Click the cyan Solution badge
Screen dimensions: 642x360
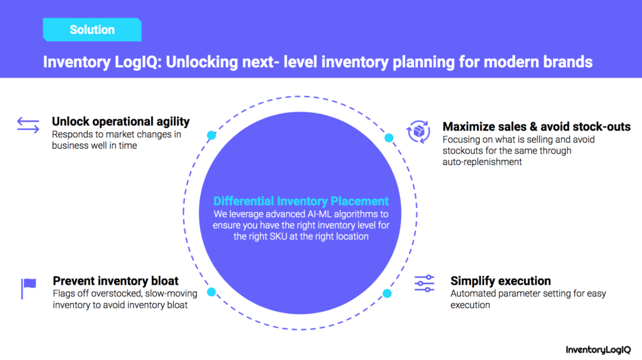pos(92,29)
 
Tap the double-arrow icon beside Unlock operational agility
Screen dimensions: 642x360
pos(28,125)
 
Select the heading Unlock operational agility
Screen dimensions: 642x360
pos(121,122)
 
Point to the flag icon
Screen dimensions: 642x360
pos(28,289)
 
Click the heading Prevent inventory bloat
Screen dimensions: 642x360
pos(115,281)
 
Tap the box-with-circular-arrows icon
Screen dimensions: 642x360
pos(418,132)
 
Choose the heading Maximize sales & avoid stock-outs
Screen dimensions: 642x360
pos(537,127)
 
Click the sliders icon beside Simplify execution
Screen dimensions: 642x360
pos(424,283)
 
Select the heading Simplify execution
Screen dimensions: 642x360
pos(500,281)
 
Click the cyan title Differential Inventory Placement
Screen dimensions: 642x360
pos(301,201)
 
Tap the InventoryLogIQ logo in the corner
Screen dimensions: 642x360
pos(598,350)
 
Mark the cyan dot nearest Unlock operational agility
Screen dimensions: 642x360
pos(211,135)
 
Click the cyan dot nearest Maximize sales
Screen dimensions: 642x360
pos(389,138)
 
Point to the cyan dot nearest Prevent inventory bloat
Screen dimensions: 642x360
pos(211,292)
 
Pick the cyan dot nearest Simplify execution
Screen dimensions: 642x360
pos(387,294)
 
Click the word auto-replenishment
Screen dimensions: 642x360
pos(482,162)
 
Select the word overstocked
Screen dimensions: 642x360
pos(116,294)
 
